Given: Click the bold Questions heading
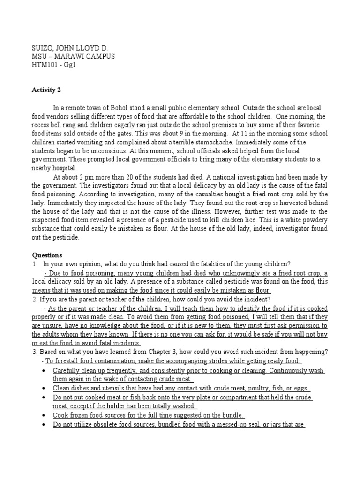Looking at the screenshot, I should click(47, 255).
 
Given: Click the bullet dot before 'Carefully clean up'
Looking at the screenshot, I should click(43, 370).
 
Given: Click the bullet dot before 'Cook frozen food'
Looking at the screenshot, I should click(43, 415).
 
